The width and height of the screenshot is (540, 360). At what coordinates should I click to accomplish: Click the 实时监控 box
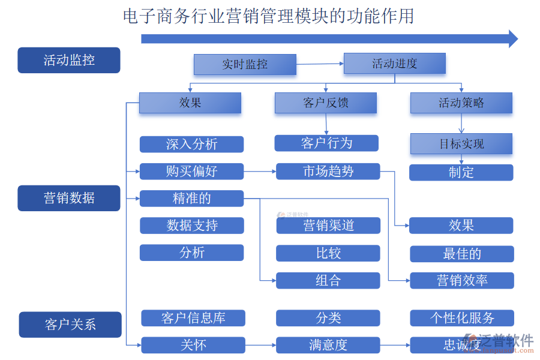point(245,64)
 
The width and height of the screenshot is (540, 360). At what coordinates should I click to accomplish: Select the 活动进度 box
point(394,64)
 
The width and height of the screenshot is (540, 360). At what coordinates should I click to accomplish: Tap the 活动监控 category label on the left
point(69,61)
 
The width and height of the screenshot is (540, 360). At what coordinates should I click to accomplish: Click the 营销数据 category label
point(69,198)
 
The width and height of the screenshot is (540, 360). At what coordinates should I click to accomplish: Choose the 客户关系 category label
point(70,325)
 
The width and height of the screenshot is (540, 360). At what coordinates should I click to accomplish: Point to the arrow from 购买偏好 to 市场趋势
point(260,172)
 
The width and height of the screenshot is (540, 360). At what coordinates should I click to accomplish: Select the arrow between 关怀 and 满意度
point(260,345)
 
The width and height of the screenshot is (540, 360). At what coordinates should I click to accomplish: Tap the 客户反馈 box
point(326,103)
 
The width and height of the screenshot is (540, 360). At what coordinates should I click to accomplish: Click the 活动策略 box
point(461,103)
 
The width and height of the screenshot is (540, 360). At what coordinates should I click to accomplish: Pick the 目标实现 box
point(461,144)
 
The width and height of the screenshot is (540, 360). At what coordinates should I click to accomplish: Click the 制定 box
point(461,173)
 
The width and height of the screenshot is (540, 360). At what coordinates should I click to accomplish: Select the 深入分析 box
point(191,145)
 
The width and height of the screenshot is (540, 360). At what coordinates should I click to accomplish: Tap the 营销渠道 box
point(328,226)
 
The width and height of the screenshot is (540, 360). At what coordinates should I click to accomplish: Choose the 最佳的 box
point(461,254)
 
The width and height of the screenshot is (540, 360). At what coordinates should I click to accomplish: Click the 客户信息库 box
point(193,318)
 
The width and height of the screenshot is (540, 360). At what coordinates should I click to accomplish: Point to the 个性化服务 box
point(462,318)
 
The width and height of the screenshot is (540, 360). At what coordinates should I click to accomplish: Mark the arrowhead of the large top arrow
point(513,39)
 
